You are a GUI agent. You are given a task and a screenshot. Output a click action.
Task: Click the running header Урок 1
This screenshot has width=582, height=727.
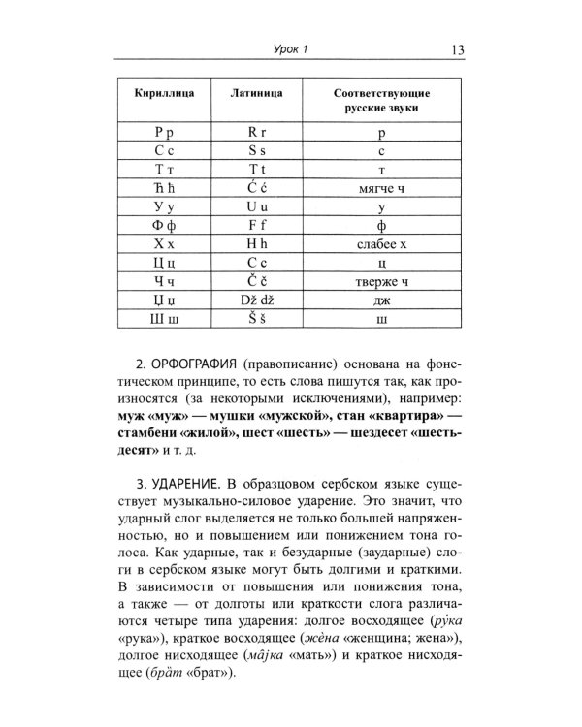[287, 51]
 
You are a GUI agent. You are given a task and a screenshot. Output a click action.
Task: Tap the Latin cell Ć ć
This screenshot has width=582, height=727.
[257, 192]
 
